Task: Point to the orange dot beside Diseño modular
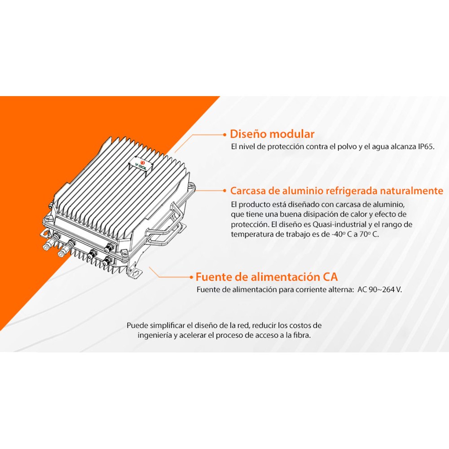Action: (225, 134)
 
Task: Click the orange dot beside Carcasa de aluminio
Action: (225, 191)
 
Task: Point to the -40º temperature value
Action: (338, 234)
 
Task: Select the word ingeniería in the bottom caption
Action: (154, 335)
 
